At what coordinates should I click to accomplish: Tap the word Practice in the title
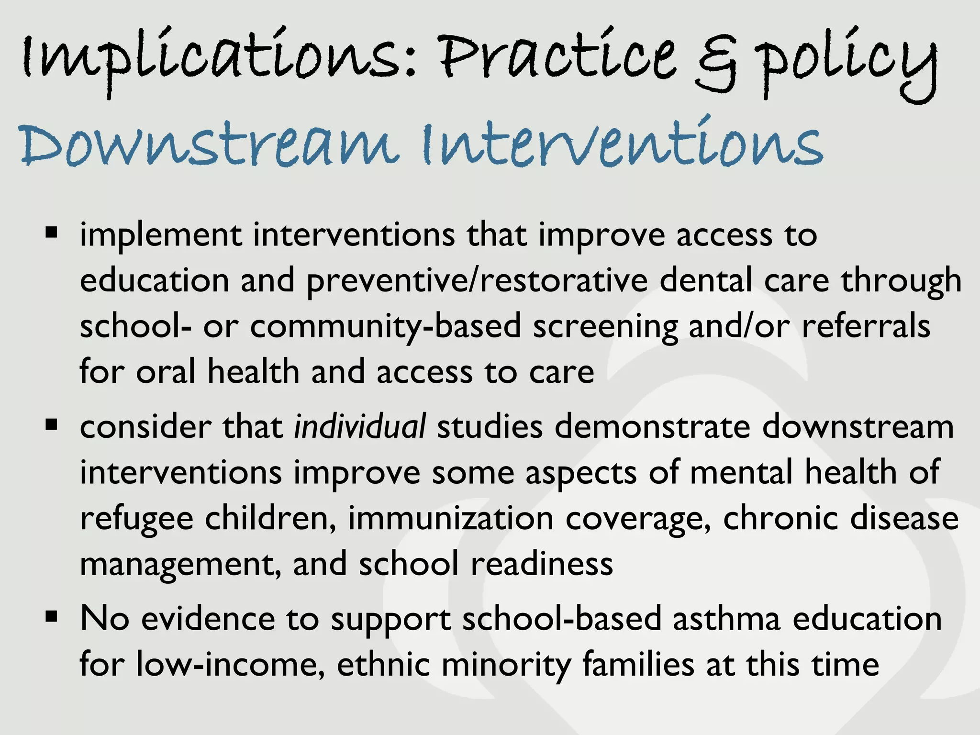557,60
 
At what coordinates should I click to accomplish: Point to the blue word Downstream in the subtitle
208,144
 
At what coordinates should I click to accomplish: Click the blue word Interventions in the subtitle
622,144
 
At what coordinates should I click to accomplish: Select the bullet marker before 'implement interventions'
51,234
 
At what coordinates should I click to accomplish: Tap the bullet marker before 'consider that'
51,424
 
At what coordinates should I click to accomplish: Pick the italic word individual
359,426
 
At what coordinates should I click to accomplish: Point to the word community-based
385,327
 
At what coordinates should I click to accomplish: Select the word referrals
866,326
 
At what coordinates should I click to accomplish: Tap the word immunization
450,518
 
